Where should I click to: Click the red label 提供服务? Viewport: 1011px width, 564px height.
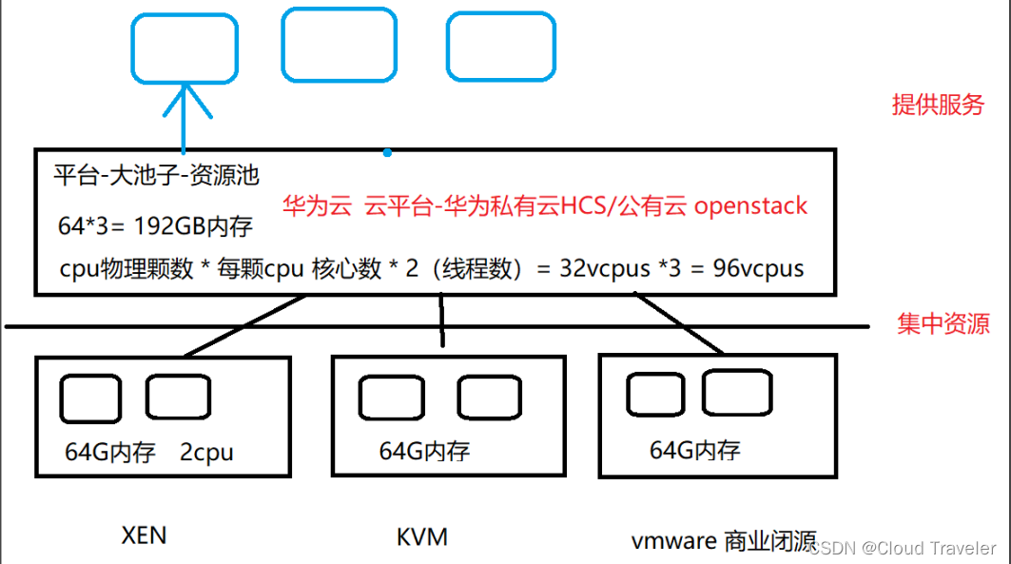click(x=937, y=105)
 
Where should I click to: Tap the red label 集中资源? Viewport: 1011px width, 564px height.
click(x=943, y=324)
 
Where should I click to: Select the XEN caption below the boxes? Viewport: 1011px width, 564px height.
click(x=144, y=535)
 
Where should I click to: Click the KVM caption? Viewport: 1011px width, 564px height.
click(x=421, y=537)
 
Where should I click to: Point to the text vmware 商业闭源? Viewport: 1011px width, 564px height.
click(x=723, y=541)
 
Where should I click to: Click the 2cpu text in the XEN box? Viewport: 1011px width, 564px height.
click(x=206, y=453)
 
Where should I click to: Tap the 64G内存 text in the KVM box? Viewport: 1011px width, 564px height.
click(x=424, y=451)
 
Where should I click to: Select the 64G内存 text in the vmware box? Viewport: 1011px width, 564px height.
click(x=694, y=450)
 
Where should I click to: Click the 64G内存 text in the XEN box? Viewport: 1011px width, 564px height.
click(x=110, y=453)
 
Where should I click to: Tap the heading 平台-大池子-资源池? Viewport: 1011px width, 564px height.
click(x=157, y=175)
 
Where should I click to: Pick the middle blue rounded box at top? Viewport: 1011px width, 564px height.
click(x=339, y=45)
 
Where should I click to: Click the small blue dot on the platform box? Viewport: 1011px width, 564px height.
click(x=386, y=151)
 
